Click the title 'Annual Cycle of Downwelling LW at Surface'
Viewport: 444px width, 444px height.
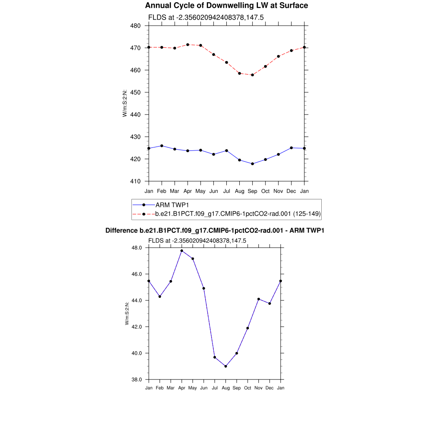[x=226, y=6]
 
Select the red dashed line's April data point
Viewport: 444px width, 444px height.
[x=188, y=45]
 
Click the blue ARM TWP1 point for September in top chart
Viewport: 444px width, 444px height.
[x=252, y=164]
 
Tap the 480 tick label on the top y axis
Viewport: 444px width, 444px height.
[x=135, y=26]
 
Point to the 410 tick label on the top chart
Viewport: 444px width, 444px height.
[x=135, y=181]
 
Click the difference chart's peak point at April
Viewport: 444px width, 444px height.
[x=182, y=251]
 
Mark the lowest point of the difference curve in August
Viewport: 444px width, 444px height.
[x=226, y=366]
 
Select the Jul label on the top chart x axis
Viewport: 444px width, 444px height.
[x=226, y=191]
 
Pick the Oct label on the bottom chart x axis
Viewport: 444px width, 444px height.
[x=248, y=388]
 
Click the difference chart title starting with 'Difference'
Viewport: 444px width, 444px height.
[x=215, y=231]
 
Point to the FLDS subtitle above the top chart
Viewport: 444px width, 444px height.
[x=206, y=18]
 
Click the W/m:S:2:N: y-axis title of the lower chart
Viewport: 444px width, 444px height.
[x=127, y=313]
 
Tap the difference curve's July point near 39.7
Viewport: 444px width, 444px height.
[x=215, y=357]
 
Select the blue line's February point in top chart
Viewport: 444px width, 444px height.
[x=162, y=146]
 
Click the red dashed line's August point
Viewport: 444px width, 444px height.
[x=239, y=73]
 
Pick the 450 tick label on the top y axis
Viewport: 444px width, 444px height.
[x=135, y=92]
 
